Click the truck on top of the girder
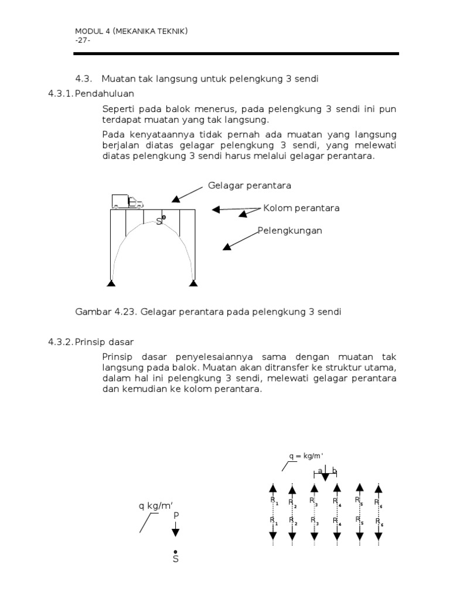(x=127, y=201)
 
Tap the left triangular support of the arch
(x=111, y=284)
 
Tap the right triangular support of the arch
(x=193, y=284)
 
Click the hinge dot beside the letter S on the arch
(x=164, y=218)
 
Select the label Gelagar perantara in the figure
(x=250, y=185)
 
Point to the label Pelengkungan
(x=290, y=231)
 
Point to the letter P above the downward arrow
(x=175, y=515)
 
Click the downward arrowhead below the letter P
(x=175, y=532)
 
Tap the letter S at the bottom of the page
(x=175, y=559)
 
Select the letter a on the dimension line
(x=320, y=470)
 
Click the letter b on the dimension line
(x=334, y=470)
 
